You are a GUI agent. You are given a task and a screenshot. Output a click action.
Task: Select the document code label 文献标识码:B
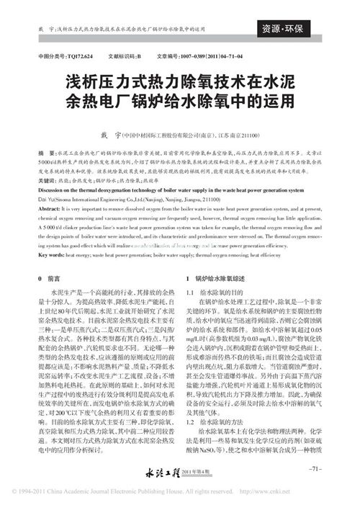tap(125, 55)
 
